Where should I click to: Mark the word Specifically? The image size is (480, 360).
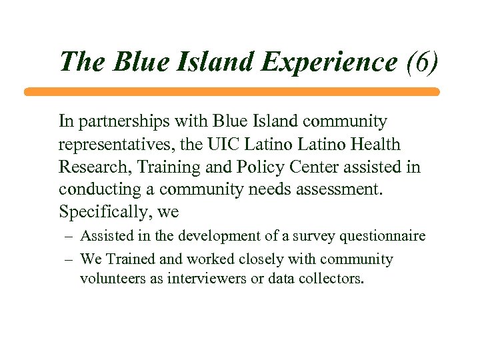click(x=100, y=212)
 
